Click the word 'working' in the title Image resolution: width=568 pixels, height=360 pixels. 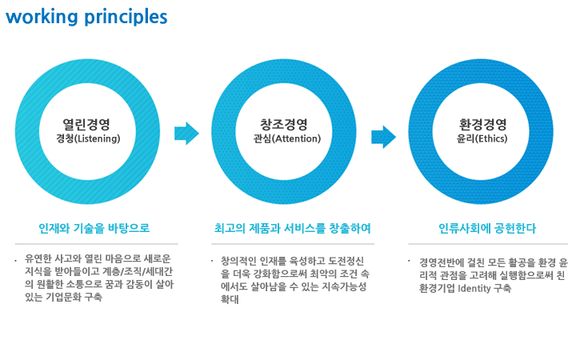pos(42,17)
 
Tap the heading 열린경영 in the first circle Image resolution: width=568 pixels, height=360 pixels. pos(86,125)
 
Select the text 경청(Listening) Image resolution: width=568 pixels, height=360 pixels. pos(88,138)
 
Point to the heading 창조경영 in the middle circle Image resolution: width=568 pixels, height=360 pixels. pos(284,125)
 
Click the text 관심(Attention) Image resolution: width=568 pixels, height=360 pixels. pos(287,138)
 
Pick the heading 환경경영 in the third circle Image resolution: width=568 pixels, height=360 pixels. pos(482,125)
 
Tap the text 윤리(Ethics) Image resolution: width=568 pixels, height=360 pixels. pos(482,138)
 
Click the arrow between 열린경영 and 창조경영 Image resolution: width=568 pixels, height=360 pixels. pos(186,134)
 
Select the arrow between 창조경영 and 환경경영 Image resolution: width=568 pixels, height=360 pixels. pos(384,137)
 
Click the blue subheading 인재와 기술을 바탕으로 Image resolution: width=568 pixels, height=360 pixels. pos(94,228)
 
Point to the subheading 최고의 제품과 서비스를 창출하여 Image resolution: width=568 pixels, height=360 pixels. pos(292,228)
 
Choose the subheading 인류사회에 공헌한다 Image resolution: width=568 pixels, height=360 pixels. pos(487,228)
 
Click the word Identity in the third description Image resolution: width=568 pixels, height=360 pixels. pos(474,288)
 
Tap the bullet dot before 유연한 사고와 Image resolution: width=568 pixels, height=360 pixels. pos(15,261)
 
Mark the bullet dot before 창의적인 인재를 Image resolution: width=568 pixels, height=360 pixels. pos(212,261)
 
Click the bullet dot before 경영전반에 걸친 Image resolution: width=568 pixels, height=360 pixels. pos(409,261)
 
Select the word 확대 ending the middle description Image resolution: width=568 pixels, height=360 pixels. pos(230,299)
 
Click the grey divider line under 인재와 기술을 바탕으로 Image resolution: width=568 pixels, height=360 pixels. pos(96,244)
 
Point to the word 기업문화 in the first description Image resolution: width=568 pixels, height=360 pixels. pos(63,297)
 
